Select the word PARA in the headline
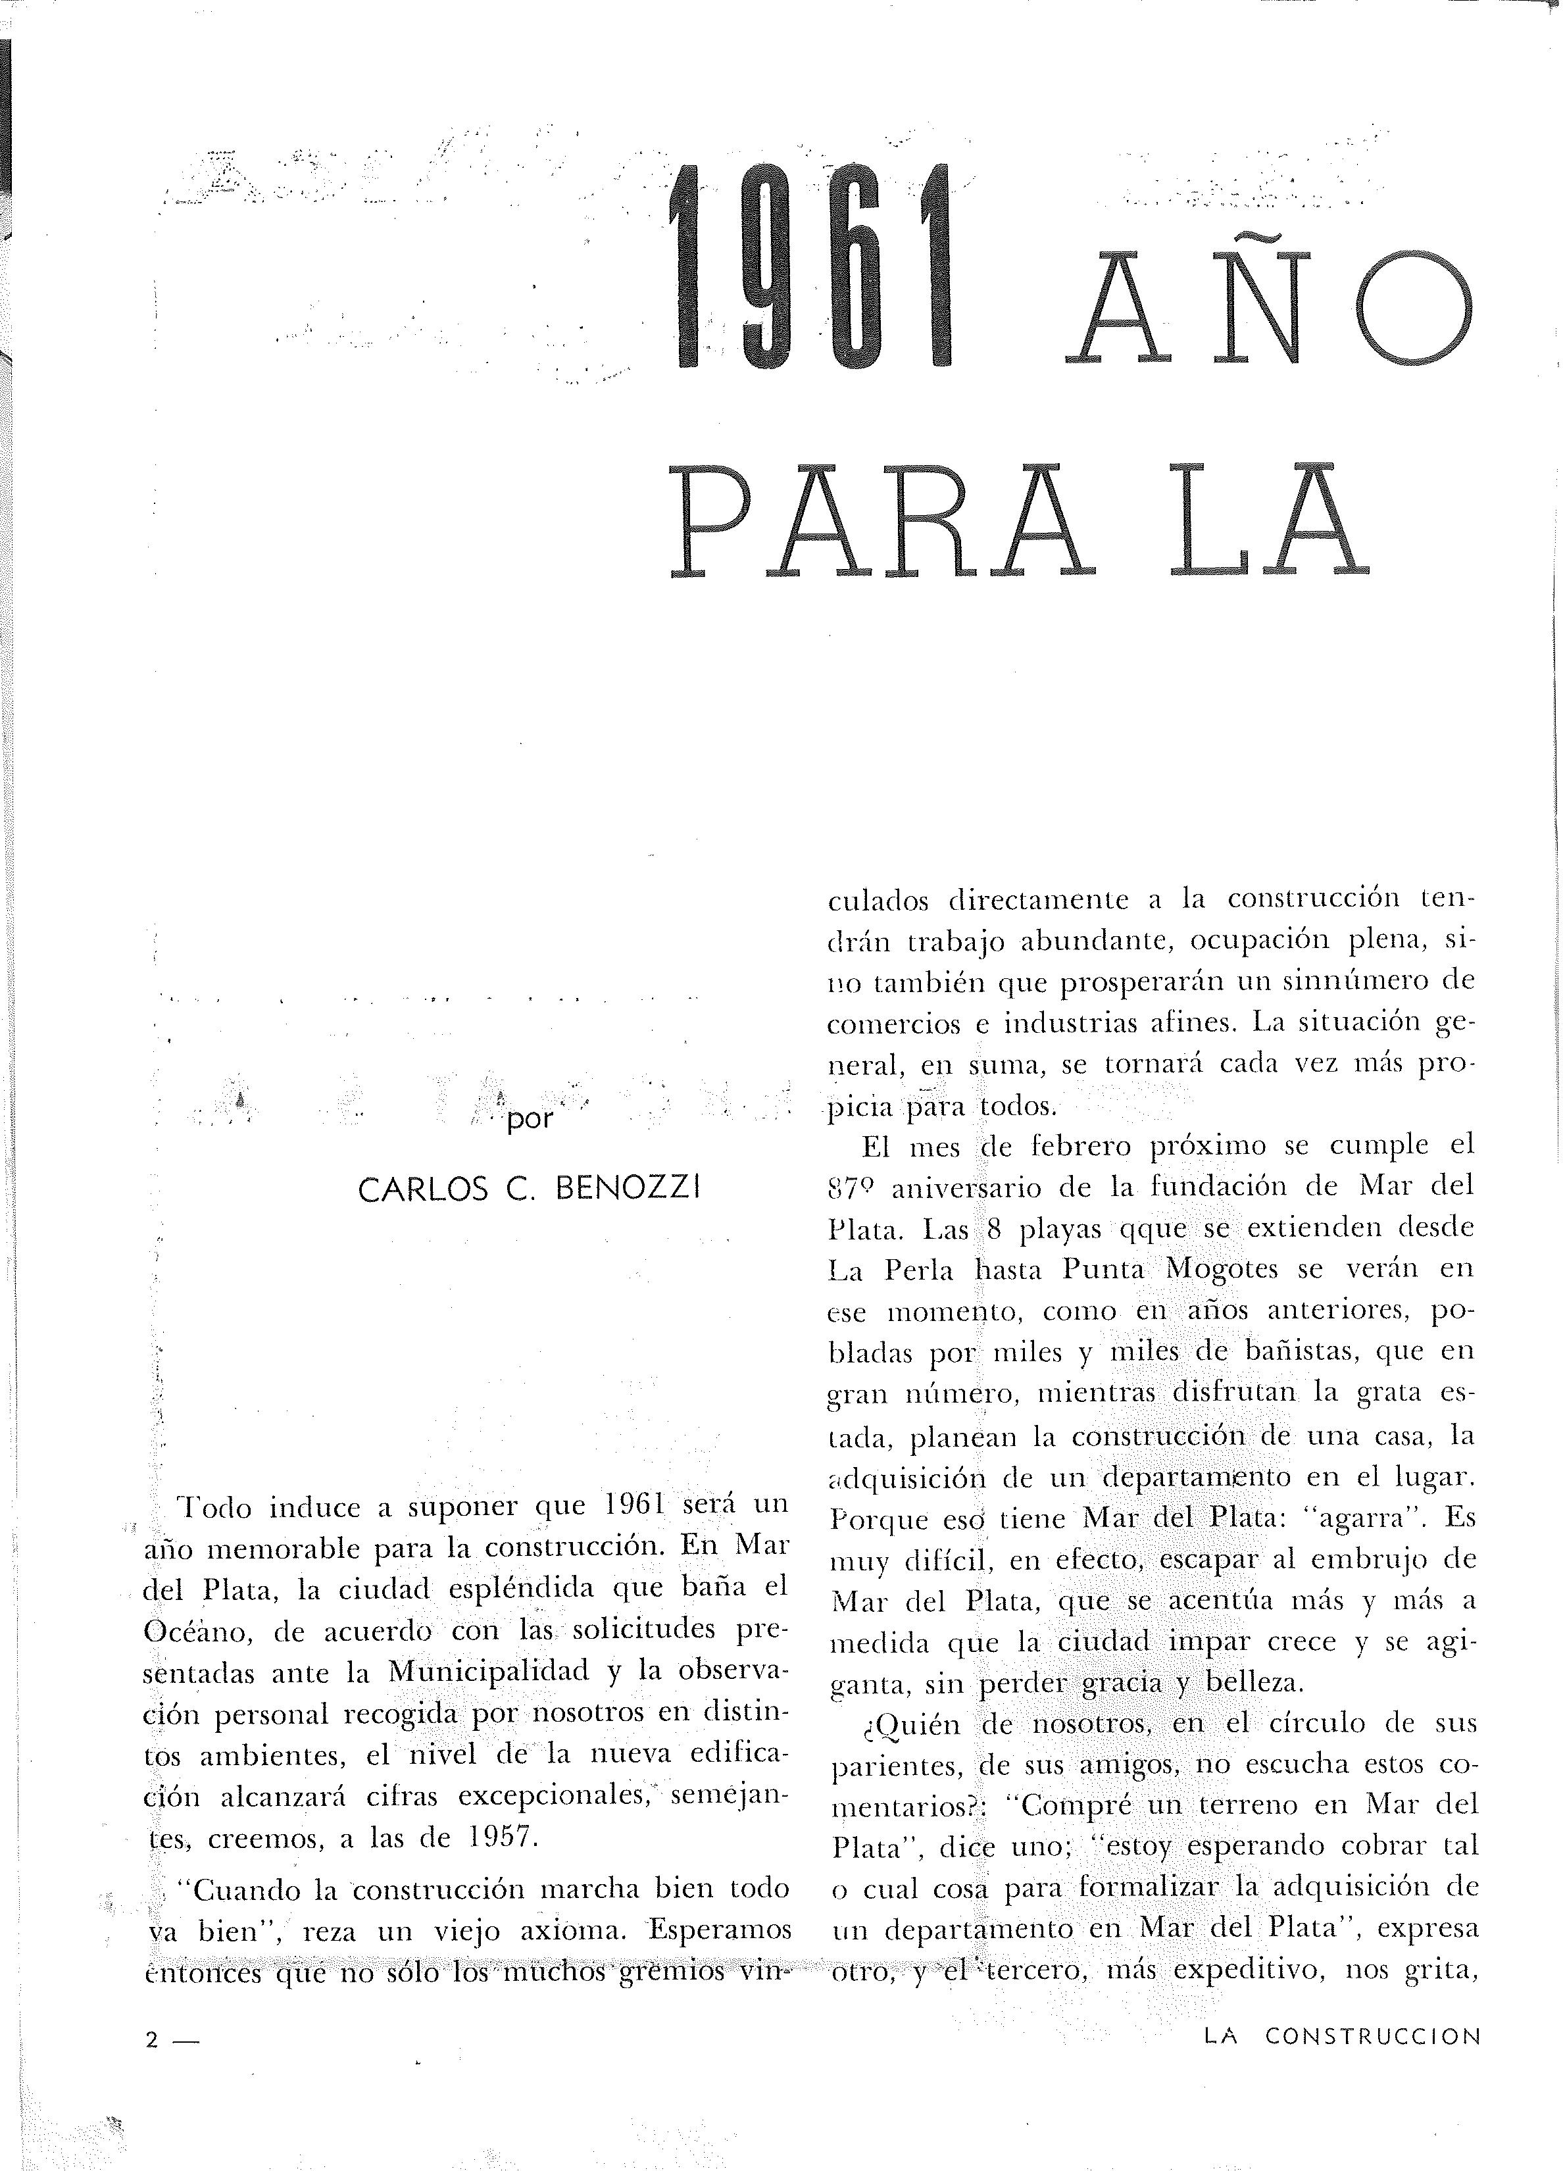pyautogui.click(x=881, y=522)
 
